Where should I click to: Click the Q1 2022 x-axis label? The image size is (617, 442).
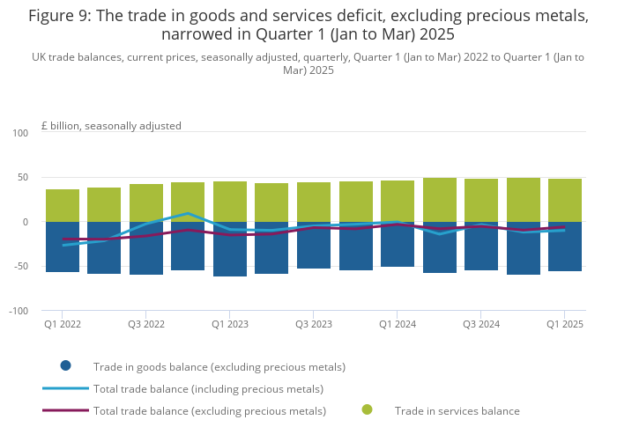tap(63, 324)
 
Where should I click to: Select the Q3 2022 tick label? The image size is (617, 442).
tap(146, 324)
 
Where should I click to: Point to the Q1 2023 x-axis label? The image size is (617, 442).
tap(230, 324)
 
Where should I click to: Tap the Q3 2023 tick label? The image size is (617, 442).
tap(314, 324)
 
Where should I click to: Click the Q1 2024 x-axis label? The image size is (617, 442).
tap(398, 324)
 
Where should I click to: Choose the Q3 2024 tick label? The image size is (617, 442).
tap(481, 324)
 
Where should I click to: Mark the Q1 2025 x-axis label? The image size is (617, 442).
tap(565, 324)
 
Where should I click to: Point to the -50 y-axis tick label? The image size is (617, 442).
tap(21, 267)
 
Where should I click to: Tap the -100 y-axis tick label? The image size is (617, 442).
tap(19, 311)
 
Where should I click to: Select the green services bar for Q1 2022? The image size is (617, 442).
tap(63, 205)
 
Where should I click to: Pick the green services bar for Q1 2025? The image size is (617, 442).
tap(565, 200)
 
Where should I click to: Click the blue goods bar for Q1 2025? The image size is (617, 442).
tap(565, 247)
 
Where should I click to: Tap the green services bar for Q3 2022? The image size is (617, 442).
tap(146, 203)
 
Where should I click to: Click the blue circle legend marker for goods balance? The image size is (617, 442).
tap(65, 366)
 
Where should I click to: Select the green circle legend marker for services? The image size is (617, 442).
tap(367, 410)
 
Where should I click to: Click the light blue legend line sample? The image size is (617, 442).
tap(65, 388)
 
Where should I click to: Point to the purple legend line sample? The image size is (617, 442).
tap(65, 410)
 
